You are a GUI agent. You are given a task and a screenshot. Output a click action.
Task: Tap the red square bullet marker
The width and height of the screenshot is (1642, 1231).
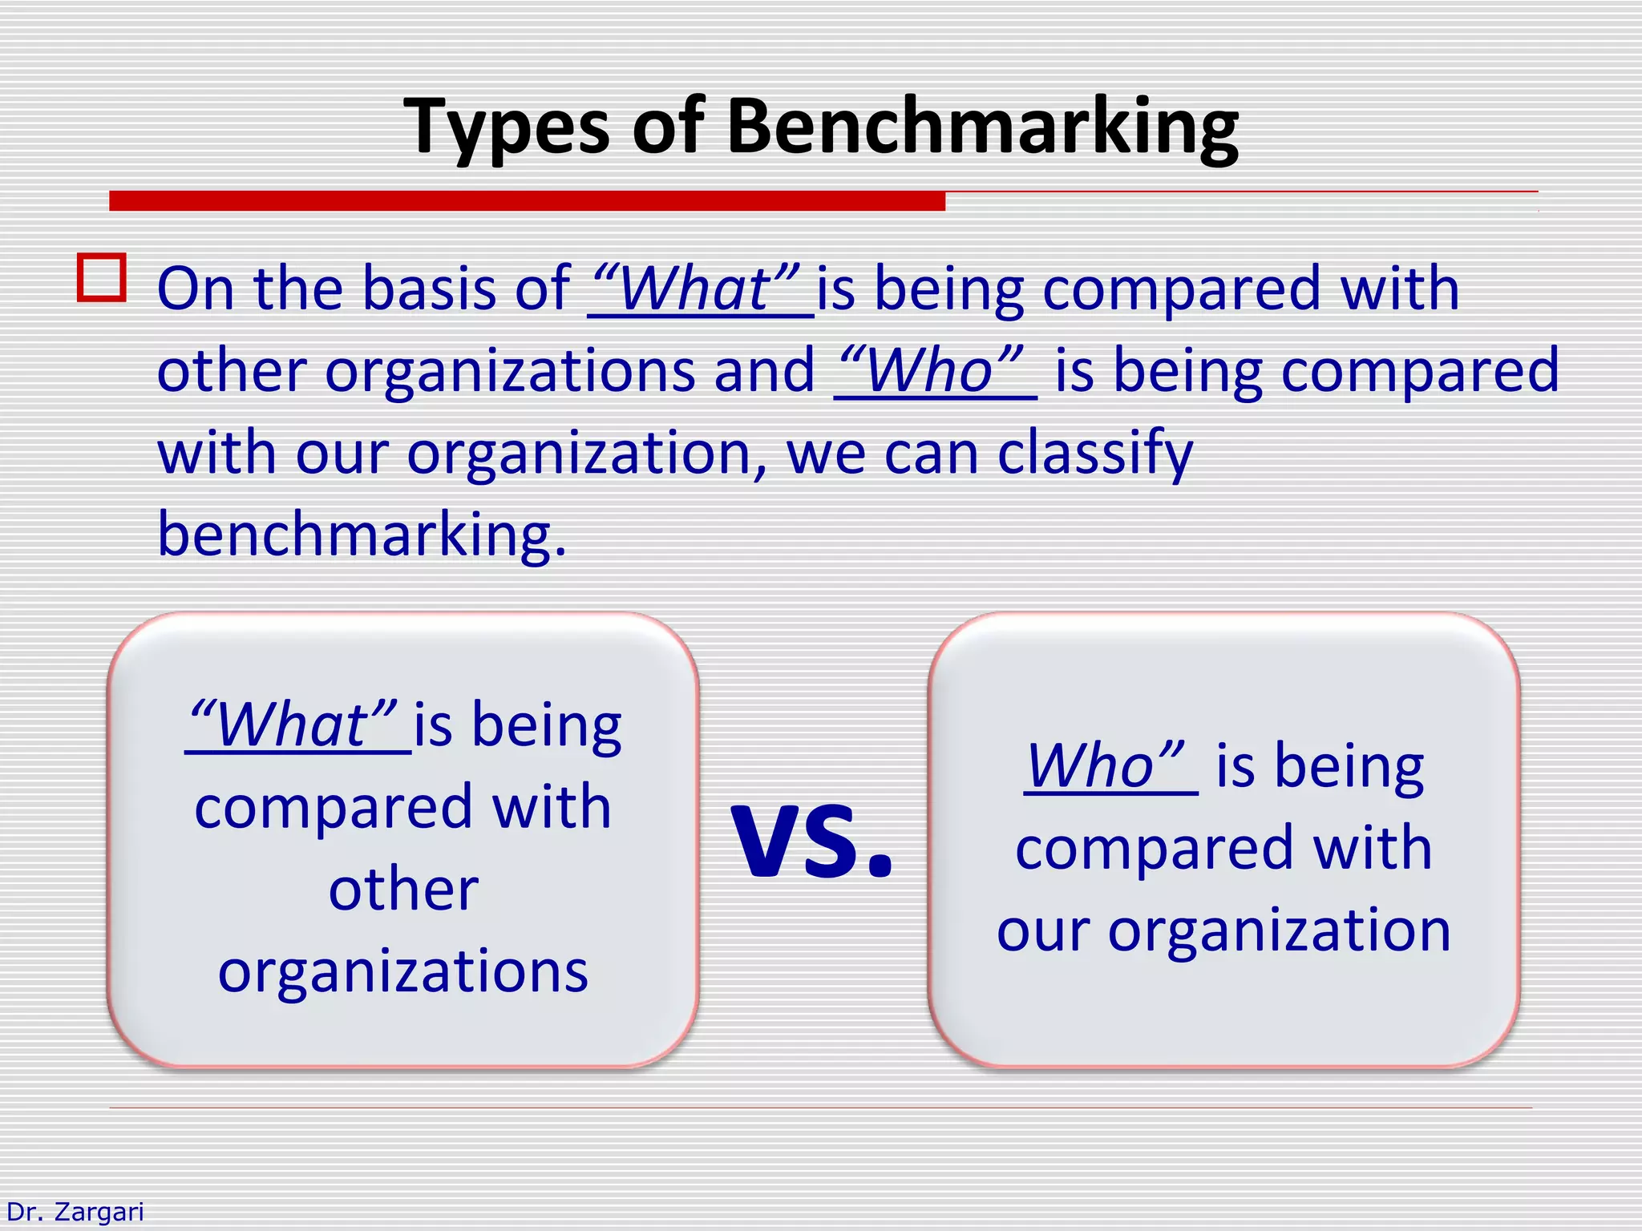click(102, 277)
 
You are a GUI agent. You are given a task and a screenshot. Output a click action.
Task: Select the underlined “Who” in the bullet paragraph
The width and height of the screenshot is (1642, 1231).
click(934, 371)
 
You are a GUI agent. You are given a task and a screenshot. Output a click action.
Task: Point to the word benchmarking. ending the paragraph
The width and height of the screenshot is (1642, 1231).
click(362, 535)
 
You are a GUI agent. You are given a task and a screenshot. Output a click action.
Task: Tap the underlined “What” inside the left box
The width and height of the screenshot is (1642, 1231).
click(297, 725)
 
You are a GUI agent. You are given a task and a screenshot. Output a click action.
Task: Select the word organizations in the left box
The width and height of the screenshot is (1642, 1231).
click(403, 971)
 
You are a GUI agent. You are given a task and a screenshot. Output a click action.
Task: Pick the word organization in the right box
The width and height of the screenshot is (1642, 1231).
click(1280, 931)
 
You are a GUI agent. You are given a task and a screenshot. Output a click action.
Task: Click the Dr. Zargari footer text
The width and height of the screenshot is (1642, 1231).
click(75, 1212)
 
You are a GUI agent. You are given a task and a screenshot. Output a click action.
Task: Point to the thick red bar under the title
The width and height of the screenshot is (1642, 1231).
click(527, 200)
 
